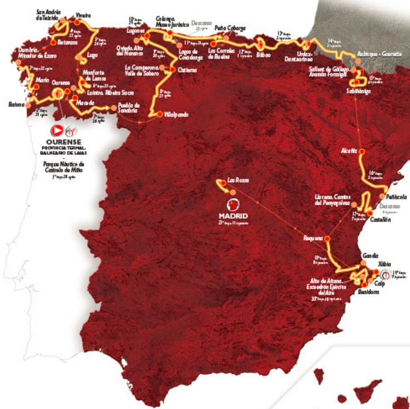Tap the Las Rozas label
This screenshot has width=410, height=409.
pos(237,180)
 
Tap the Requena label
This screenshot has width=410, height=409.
pos(313,238)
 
